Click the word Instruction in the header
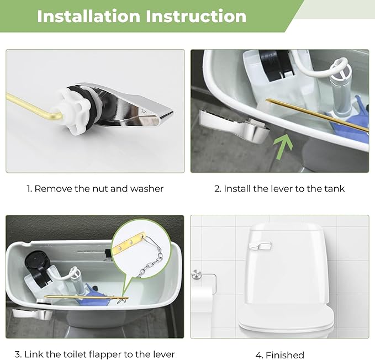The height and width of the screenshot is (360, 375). tap(196, 16)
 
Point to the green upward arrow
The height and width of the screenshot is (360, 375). tap(282, 146)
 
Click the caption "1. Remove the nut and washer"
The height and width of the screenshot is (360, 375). tap(95, 189)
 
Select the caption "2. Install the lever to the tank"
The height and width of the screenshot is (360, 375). tap(279, 189)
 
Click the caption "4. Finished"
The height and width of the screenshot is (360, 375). tap(279, 354)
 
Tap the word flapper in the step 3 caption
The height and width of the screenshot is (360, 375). tap(111, 354)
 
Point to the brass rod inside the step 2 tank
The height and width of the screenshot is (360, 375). tap(315, 114)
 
